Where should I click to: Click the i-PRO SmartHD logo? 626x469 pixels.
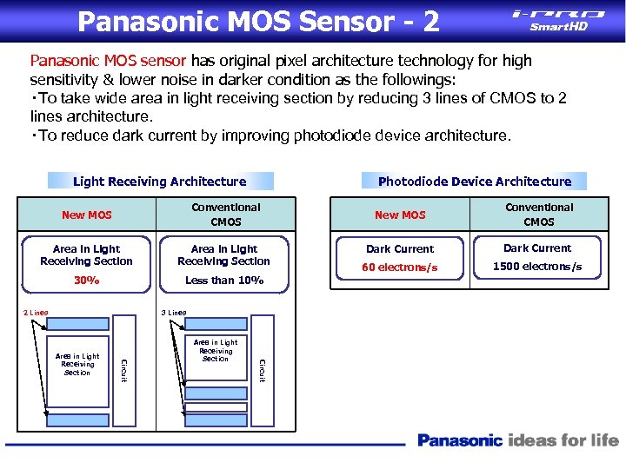click(559, 19)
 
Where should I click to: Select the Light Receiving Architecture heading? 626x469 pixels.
click(160, 182)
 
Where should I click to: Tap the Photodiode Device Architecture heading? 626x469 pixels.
click(475, 182)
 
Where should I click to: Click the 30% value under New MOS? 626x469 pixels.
click(86, 281)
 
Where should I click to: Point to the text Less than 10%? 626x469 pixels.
click(224, 281)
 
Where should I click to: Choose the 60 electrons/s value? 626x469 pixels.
click(400, 268)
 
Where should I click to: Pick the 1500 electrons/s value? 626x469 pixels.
click(537, 267)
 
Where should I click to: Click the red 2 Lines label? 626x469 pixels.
click(36, 313)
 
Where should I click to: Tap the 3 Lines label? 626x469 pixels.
click(174, 313)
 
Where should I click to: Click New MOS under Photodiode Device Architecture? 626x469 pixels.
click(400, 215)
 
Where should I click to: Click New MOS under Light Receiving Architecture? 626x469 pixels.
click(86, 215)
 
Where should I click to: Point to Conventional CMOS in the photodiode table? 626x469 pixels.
click(539, 215)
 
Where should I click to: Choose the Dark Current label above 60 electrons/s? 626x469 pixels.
click(400, 248)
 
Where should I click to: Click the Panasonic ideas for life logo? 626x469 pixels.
click(518, 441)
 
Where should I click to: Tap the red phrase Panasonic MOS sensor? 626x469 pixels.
click(108, 61)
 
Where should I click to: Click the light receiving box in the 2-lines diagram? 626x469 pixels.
click(77, 364)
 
